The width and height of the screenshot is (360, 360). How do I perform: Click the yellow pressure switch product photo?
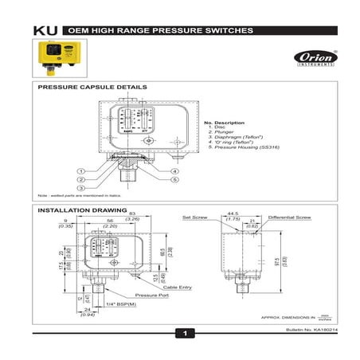57,57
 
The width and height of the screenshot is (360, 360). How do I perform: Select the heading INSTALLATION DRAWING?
80,210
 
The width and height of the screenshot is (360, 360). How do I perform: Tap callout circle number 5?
174,180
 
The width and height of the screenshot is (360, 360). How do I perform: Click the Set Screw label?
194,217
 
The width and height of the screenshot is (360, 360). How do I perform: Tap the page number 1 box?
184,332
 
